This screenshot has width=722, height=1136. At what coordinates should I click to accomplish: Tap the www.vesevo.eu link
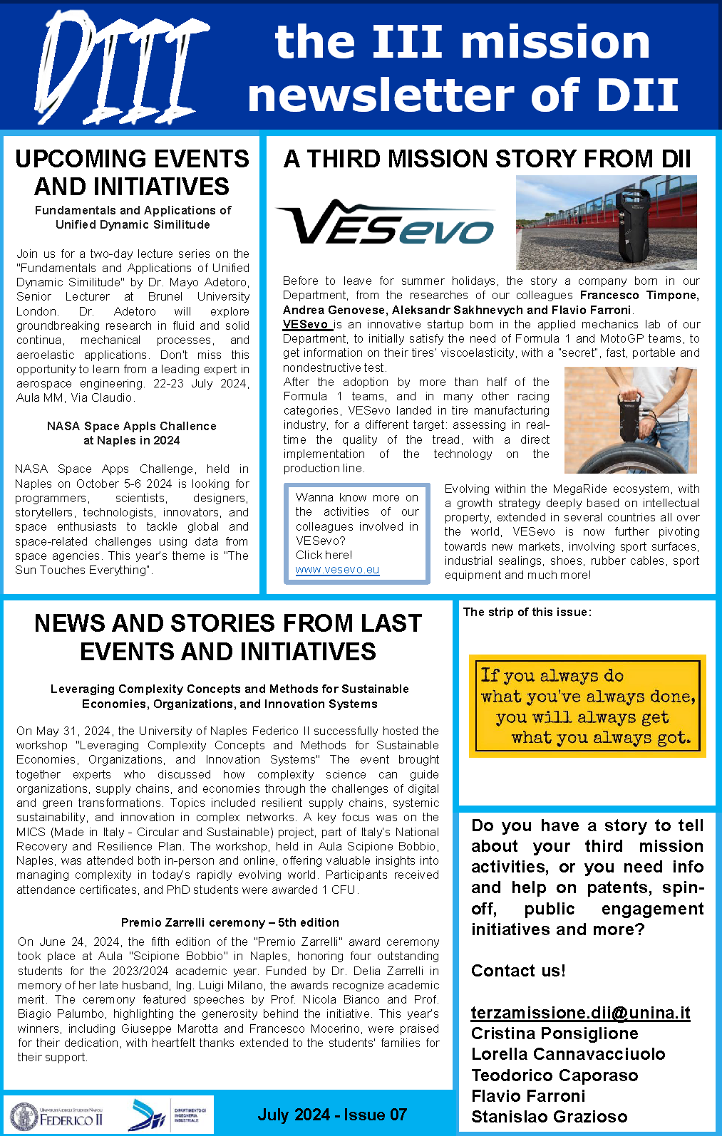(x=337, y=570)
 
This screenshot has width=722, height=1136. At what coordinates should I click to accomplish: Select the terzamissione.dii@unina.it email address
(x=580, y=1012)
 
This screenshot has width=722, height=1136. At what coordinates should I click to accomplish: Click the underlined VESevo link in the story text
(x=307, y=324)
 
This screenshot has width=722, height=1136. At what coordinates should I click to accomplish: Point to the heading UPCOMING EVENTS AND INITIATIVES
(x=133, y=172)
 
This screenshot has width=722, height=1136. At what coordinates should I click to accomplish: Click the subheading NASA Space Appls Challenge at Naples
(x=132, y=433)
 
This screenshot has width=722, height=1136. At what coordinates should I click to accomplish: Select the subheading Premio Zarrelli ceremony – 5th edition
(x=230, y=922)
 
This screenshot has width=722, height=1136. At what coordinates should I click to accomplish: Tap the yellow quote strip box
(x=587, y=706)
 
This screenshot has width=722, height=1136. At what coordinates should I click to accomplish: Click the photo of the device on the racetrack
(x=606, y=222)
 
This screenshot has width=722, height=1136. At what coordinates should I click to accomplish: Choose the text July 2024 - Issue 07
(x=332, y=1115)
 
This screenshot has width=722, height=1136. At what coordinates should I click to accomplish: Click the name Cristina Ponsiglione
(x=555, y=1033)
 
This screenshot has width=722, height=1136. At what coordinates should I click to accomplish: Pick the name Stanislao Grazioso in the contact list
(x=549, y=1117)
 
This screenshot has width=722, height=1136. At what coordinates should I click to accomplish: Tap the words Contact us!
(x=518, y=971)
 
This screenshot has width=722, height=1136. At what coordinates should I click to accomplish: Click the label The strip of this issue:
(x=527, y=612)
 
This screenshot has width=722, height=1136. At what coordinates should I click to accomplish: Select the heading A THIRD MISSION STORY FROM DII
(x=488, y=158)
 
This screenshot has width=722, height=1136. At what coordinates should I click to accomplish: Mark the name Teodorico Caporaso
(x=555, y=1075)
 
